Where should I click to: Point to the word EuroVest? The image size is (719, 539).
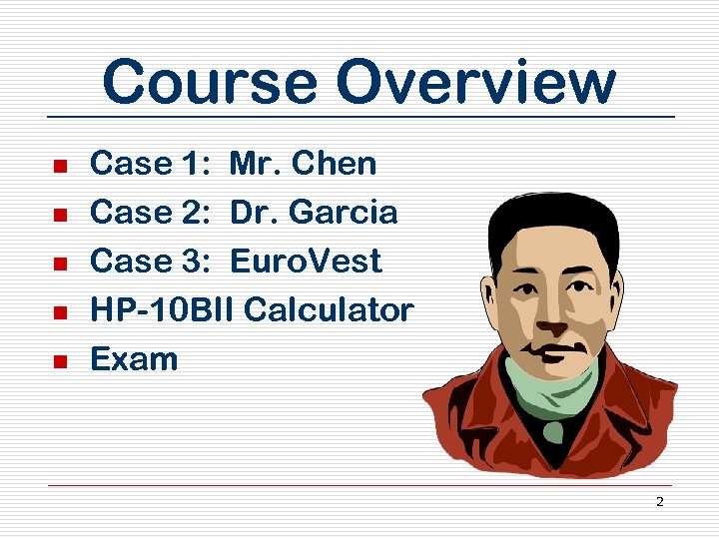(306, 262)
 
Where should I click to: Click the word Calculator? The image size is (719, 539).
(329, 310)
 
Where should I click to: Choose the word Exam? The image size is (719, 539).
(134, 359)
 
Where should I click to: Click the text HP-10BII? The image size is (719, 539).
(162, 310)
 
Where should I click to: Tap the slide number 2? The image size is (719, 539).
(659, 501)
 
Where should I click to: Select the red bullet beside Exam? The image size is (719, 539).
(59, 361)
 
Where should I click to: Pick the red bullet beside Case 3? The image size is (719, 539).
(59, 264)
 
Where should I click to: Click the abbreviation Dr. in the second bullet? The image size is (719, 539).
(247, 213)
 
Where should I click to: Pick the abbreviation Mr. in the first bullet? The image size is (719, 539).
(249, 164)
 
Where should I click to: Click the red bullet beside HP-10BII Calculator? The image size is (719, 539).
(59, 312)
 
